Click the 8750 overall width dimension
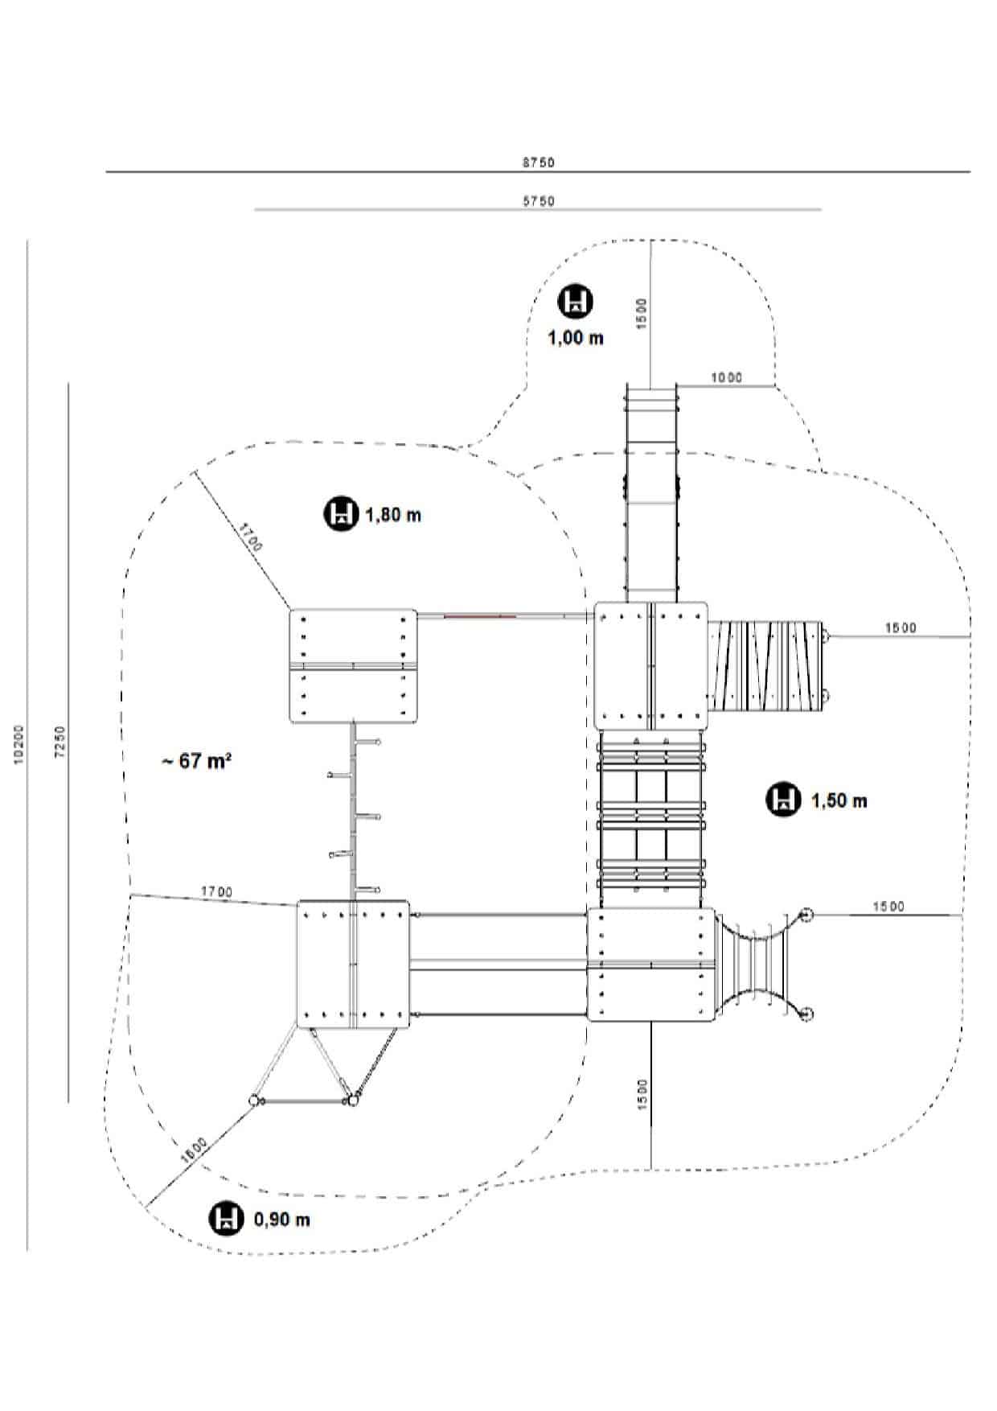(x=538, y=162)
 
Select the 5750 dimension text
(x=538, y=201)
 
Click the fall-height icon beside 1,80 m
(x=341, y=514)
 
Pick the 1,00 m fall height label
(x=575, y=338)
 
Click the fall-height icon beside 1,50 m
(x=782, y=800)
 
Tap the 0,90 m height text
(x=281, y=1220)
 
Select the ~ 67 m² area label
(x=197, y=760)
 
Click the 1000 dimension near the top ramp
(x=726, y=377)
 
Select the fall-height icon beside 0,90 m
(x=227, y=1218)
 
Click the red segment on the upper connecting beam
(x=479, y=616)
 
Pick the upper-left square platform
(x=353, y=666)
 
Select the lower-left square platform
(x=353, y=964)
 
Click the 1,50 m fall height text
(x=839, y=800)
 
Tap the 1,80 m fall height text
(x=393, y=515)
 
